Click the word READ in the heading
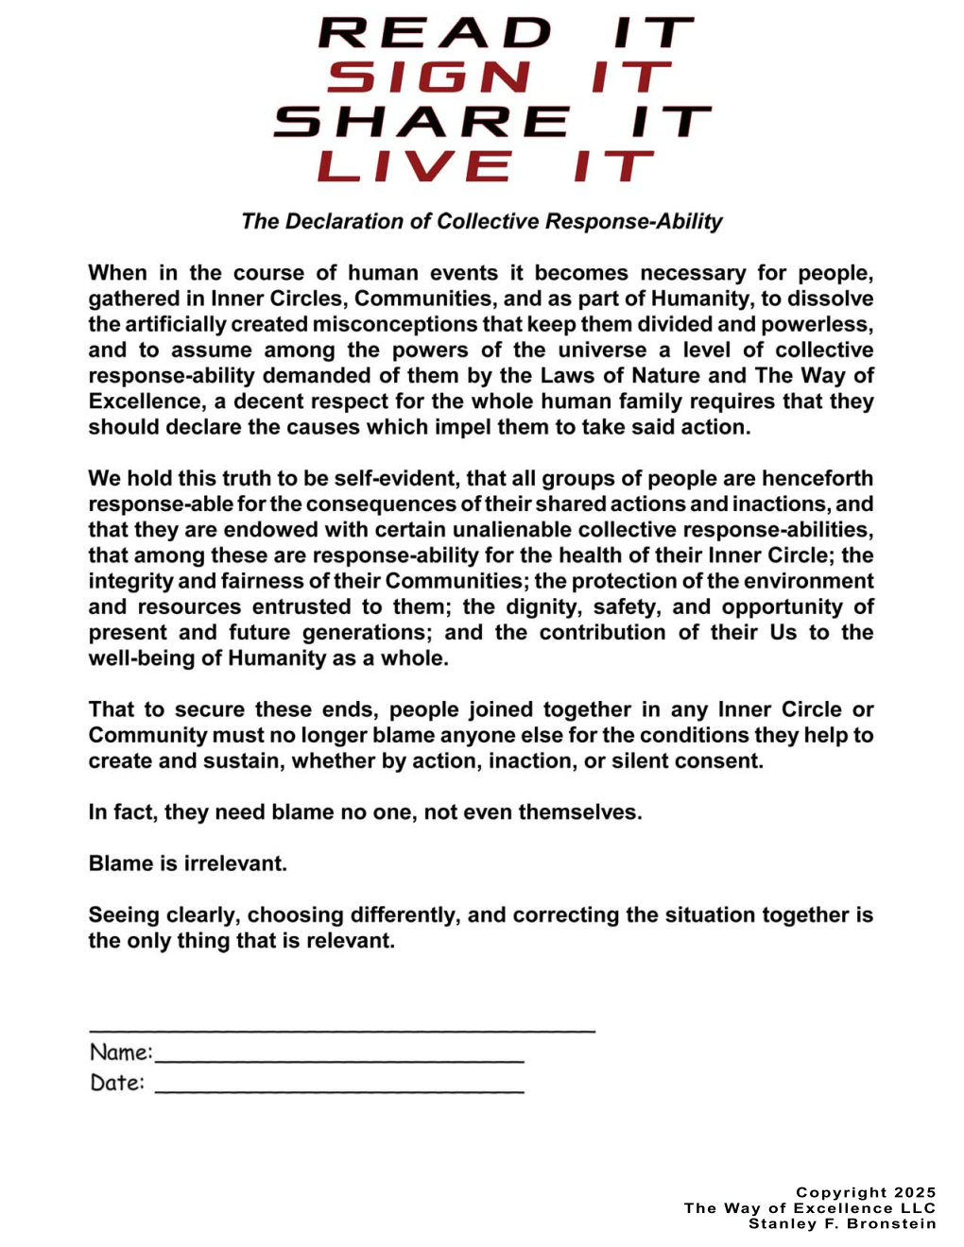(435, 33)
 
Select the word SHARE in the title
(422, 122)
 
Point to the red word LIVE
(417, 166)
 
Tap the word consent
(717, 760)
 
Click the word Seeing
(124, 914)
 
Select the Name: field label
(121, 1052)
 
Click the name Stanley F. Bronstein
(842, 1224)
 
